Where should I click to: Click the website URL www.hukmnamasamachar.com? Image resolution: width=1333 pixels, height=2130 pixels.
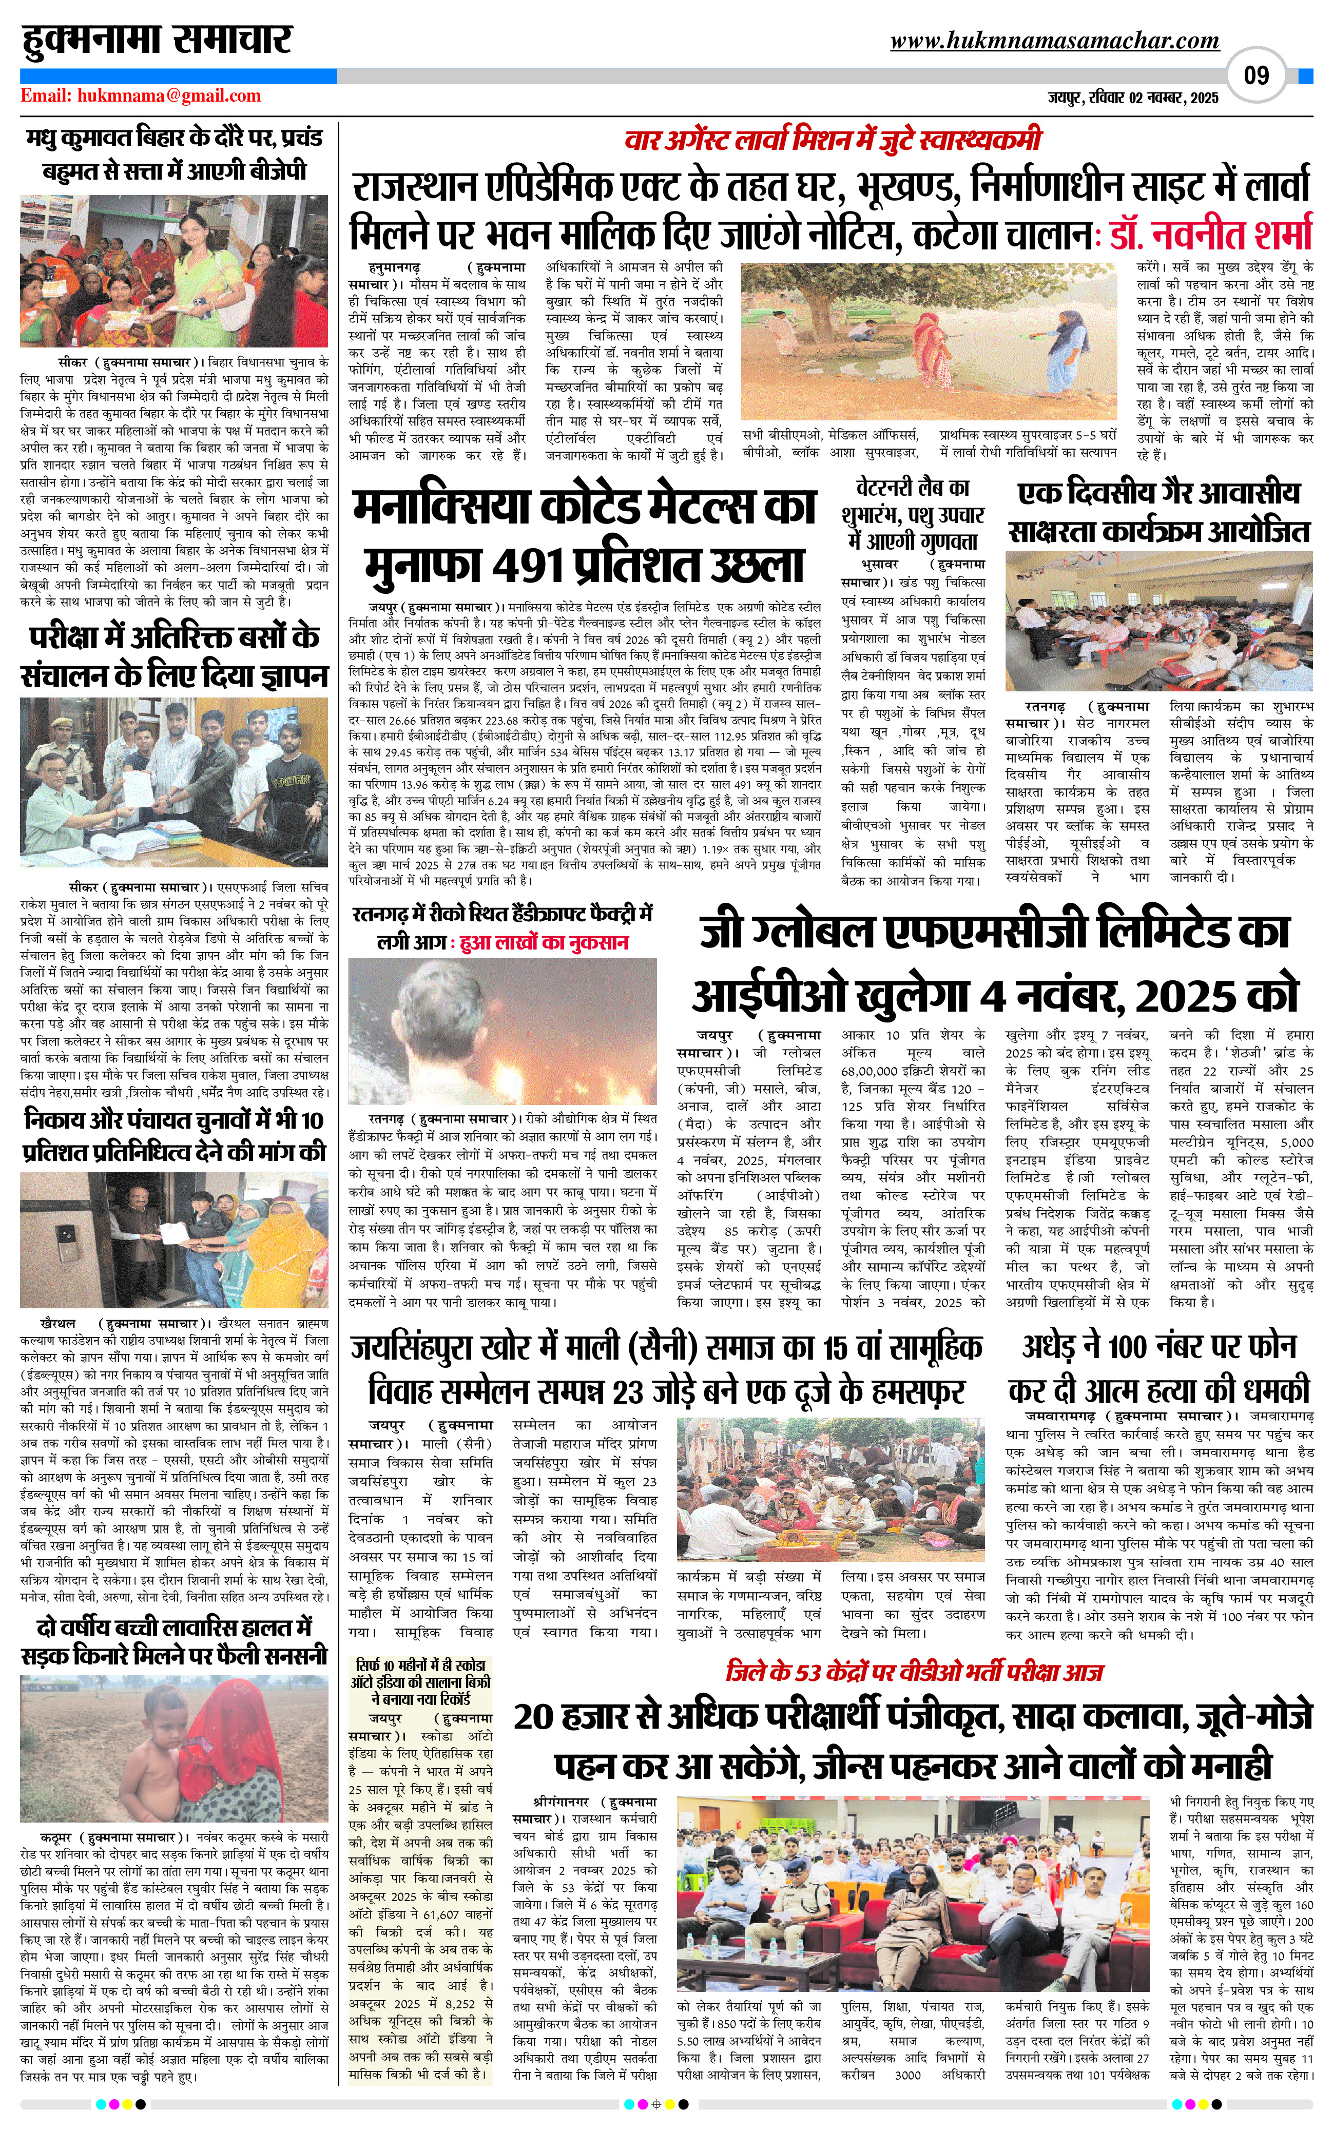coord(1054,41)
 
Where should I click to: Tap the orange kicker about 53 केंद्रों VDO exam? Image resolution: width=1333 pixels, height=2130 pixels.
coord(913,1671)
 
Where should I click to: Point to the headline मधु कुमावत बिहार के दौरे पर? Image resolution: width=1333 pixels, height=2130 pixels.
coord(173,153)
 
